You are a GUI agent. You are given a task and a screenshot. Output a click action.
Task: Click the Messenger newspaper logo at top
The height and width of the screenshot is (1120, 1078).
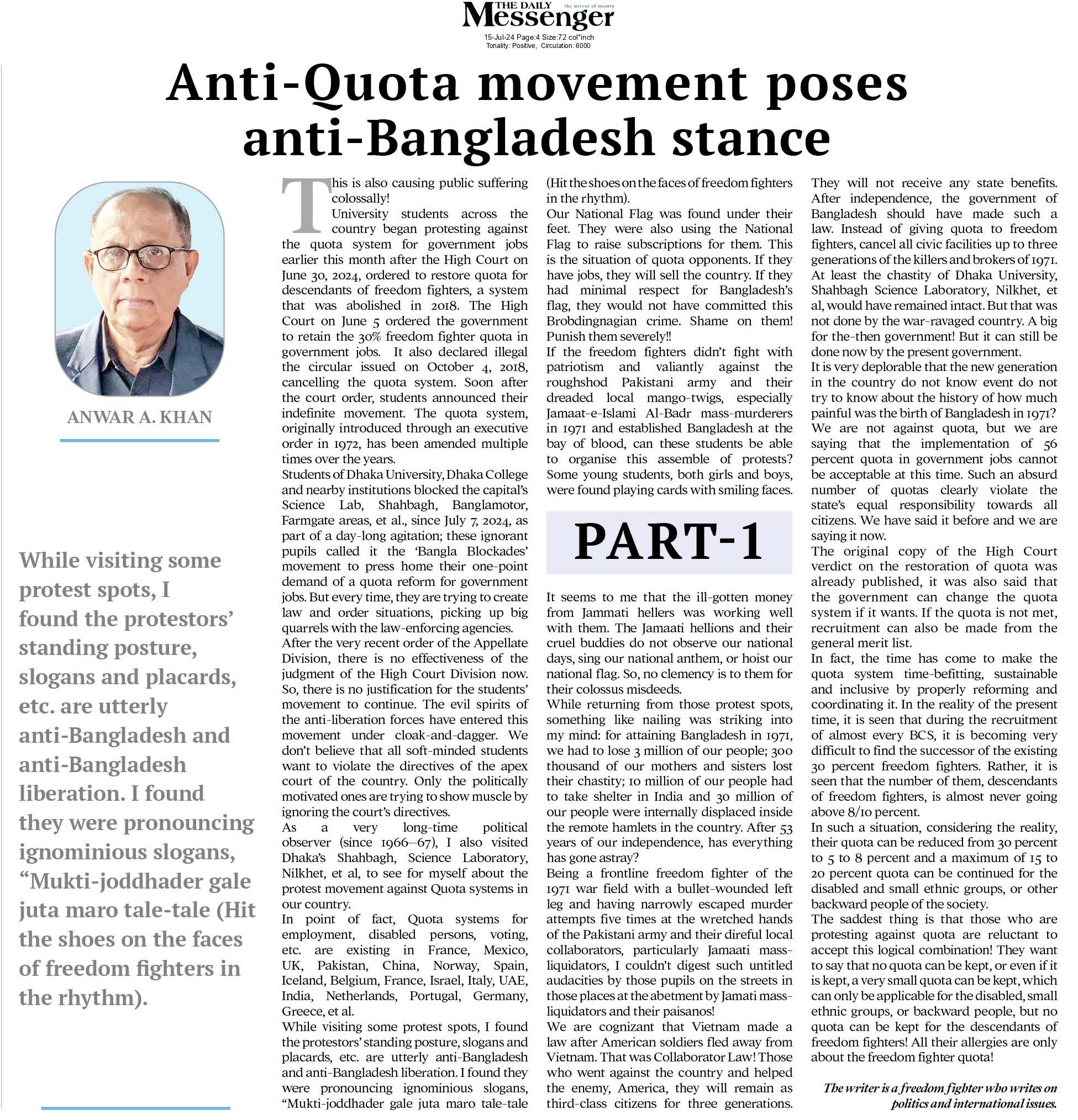tap(538, 17)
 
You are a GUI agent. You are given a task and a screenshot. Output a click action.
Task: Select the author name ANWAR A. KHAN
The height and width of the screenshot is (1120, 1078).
tap(139, 417)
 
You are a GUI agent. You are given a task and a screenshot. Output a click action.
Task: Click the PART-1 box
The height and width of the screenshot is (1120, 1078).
tap(669, 542)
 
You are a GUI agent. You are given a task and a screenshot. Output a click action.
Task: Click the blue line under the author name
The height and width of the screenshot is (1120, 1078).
tap(139, 440)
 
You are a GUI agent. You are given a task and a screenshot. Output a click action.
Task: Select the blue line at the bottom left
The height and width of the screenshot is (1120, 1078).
tap(135, 1108)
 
